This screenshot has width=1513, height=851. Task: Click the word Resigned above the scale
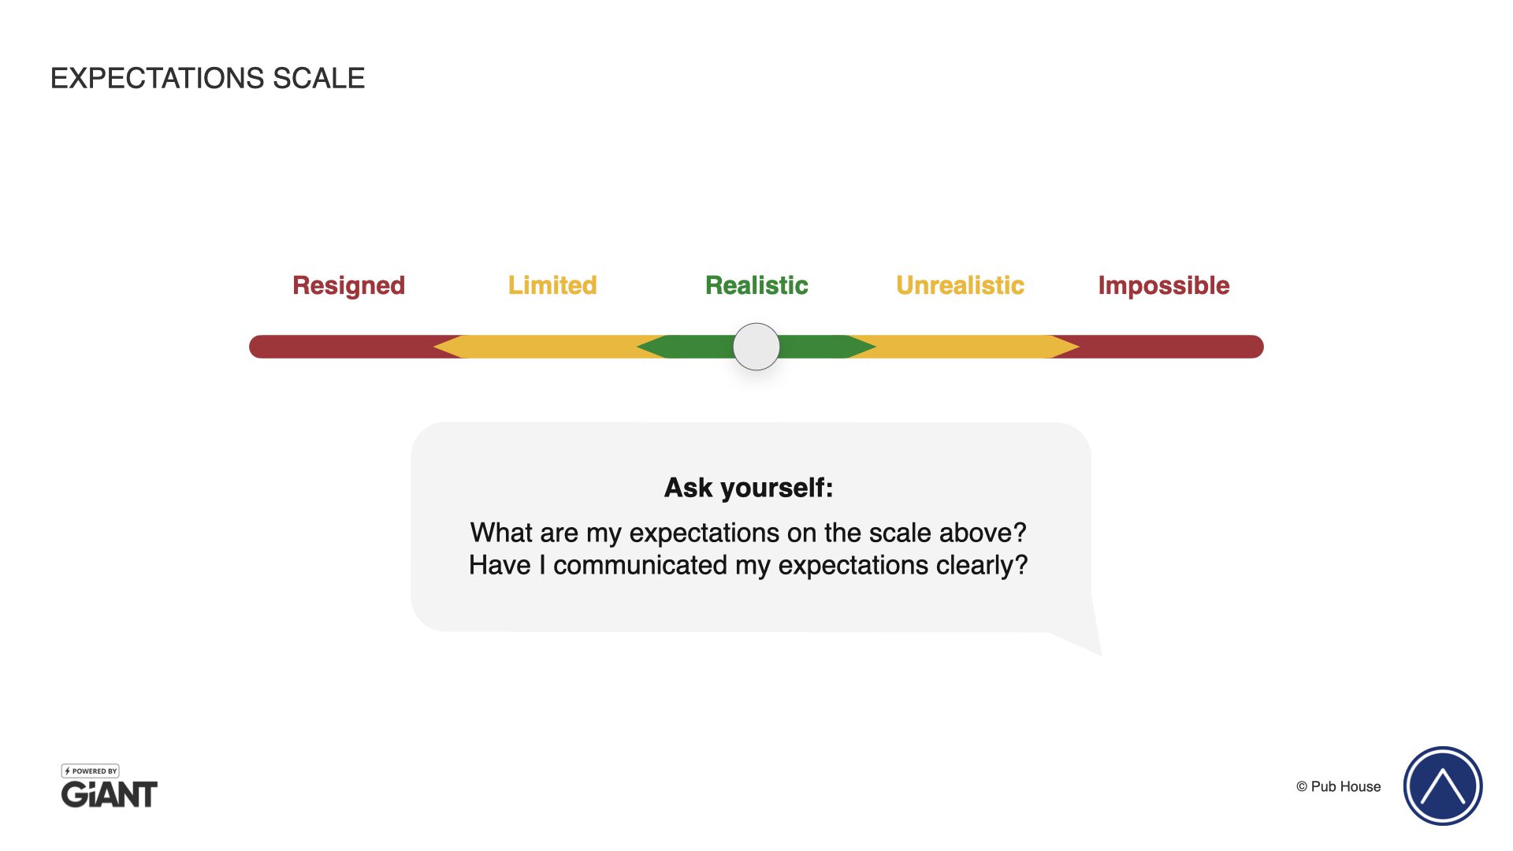click(348, 286)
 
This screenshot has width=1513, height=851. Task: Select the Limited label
click(552, 285)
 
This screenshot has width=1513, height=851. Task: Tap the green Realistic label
click(756, 285)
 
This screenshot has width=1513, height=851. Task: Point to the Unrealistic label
click(960, 285)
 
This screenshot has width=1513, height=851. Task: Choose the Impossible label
click(1164, 286)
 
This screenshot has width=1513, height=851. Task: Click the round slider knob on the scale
click(756, 347)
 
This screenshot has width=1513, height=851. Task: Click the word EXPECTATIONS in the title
click(158, 78)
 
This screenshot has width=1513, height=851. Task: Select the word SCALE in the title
click(318, 78)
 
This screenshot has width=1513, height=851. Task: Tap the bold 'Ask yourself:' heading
click(749, 488)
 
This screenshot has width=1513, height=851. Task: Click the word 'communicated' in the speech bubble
click(640, 565)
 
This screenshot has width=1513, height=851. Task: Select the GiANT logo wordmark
click(110, 794)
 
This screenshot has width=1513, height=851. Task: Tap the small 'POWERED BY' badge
click(91, 771)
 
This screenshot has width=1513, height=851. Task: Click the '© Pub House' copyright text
click(1338, 786)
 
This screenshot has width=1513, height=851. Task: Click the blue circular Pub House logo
click(1443, 786)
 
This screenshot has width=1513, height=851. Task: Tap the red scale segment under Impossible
click(1166, 347)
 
